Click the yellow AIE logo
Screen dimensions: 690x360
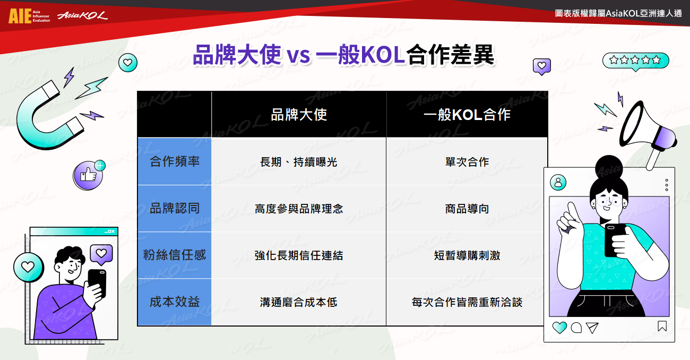[x=20, y=16]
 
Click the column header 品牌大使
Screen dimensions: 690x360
[x=299, y=115]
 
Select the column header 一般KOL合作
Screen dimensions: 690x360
[x=467, y=115]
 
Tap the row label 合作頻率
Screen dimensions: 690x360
[x=175, y=161]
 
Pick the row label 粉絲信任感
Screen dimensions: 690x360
[x=175, y=255]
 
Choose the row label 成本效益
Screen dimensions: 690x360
[x=175, y=302]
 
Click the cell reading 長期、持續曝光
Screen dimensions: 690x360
[x=298, y=162]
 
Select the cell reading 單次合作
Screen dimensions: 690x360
[x=467, y=162]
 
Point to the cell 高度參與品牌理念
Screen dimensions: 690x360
[x=299, y=209]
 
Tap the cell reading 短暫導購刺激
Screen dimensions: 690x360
[x=467, y=255]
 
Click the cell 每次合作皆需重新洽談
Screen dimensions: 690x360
[x=467, y=302]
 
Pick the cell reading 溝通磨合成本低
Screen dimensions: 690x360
[x=298, y=302]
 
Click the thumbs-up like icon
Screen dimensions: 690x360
[x=89, y=175]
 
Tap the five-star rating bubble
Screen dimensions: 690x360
[x=635, y=61]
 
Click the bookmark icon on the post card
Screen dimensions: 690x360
[x=662, y=326]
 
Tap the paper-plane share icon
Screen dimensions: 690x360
[x=592, y=328]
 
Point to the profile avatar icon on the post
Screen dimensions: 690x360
[x=558, y=183]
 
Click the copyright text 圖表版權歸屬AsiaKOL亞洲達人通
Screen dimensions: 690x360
[x=618, y=13]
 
